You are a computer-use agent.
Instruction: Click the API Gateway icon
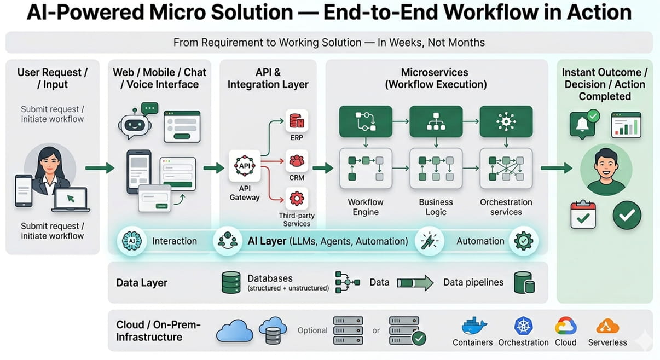[244, 166]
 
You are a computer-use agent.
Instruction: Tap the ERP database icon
[297, 121]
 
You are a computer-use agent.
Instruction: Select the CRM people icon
[297, 161]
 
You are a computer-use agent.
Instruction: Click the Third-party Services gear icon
[297, 198]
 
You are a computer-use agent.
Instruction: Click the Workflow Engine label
[366, 207]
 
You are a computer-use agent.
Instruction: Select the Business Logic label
[436, 207]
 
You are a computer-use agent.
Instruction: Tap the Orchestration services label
[506, 207]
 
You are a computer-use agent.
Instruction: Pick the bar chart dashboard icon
[626, 125]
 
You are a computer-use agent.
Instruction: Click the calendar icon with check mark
[583, 214]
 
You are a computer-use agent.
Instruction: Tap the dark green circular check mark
[627, 215]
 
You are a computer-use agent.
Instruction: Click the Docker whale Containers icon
[472, 326]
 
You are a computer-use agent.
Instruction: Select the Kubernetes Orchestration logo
[523, 326]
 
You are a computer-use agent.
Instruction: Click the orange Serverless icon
[607, 326]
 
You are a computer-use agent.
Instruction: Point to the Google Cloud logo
[565, 326]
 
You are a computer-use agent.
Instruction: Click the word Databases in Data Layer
[270, 278]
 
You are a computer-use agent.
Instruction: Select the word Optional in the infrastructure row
[312, 330]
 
